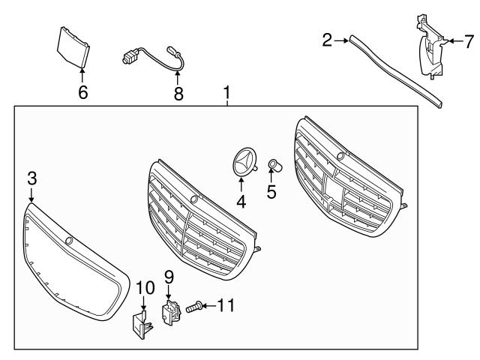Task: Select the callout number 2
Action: pos(327,40)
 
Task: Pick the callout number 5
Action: pos(271,192)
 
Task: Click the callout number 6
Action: pos(82,92)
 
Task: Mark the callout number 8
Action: pos(178,93)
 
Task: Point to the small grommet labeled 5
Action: pos(274,165)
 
